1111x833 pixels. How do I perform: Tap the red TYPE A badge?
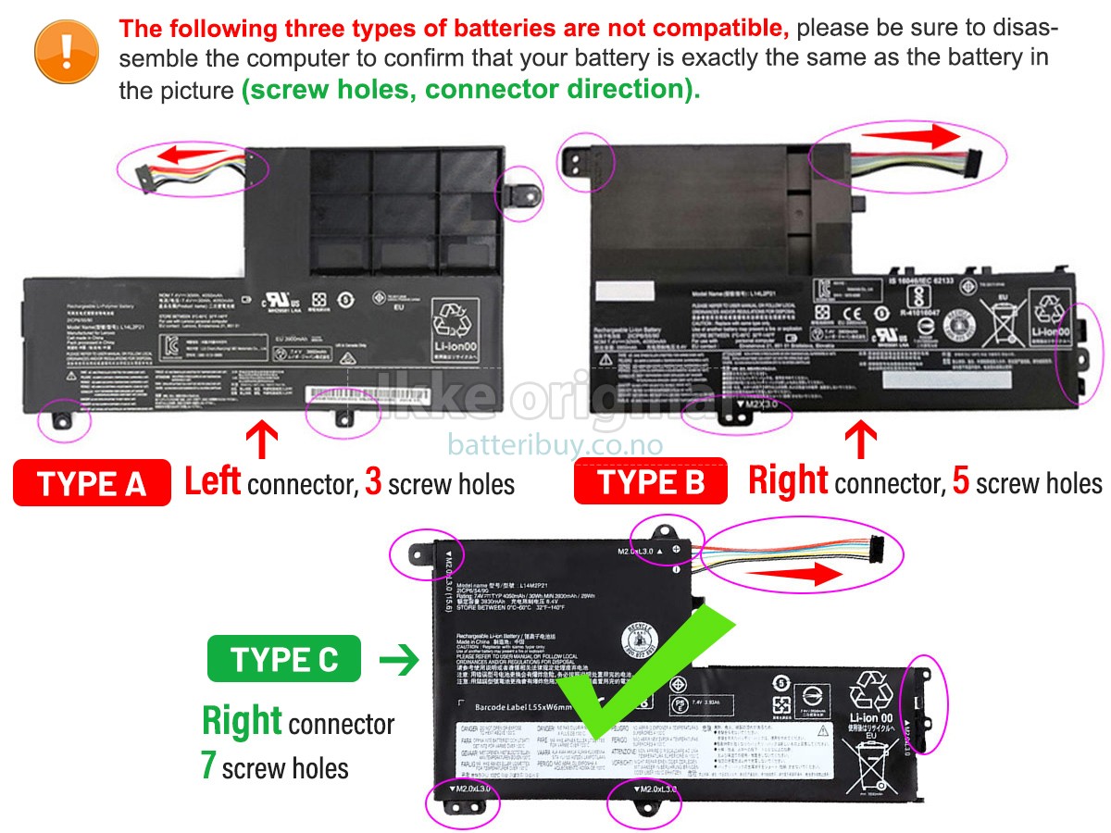point(92,483)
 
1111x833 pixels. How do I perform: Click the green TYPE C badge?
point(285,660)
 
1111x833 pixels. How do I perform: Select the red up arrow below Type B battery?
point(862,439)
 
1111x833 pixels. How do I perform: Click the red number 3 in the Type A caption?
point(373,483)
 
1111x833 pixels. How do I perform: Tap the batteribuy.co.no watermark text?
point(555,445)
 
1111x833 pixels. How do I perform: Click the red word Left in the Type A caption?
point(213,482)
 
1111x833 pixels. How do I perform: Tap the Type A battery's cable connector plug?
point(146,172)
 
